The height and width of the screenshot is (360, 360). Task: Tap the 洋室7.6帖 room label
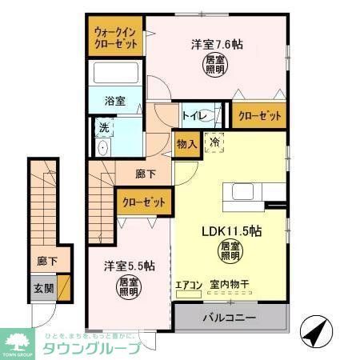click(217, 45)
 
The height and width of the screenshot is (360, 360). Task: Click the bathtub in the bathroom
click(117, 74)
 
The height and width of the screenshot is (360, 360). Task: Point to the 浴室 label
click(116, 102)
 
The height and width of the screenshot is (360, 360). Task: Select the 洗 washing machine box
click(104, 126)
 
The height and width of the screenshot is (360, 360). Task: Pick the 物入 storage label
click(185, 145)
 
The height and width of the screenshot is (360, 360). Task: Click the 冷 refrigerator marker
click(214, 142)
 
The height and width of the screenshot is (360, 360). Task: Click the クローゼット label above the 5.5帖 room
click(144, 203)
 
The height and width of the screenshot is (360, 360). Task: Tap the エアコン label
click(189, 283)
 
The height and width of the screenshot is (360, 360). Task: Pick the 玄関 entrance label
click(45, 288)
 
